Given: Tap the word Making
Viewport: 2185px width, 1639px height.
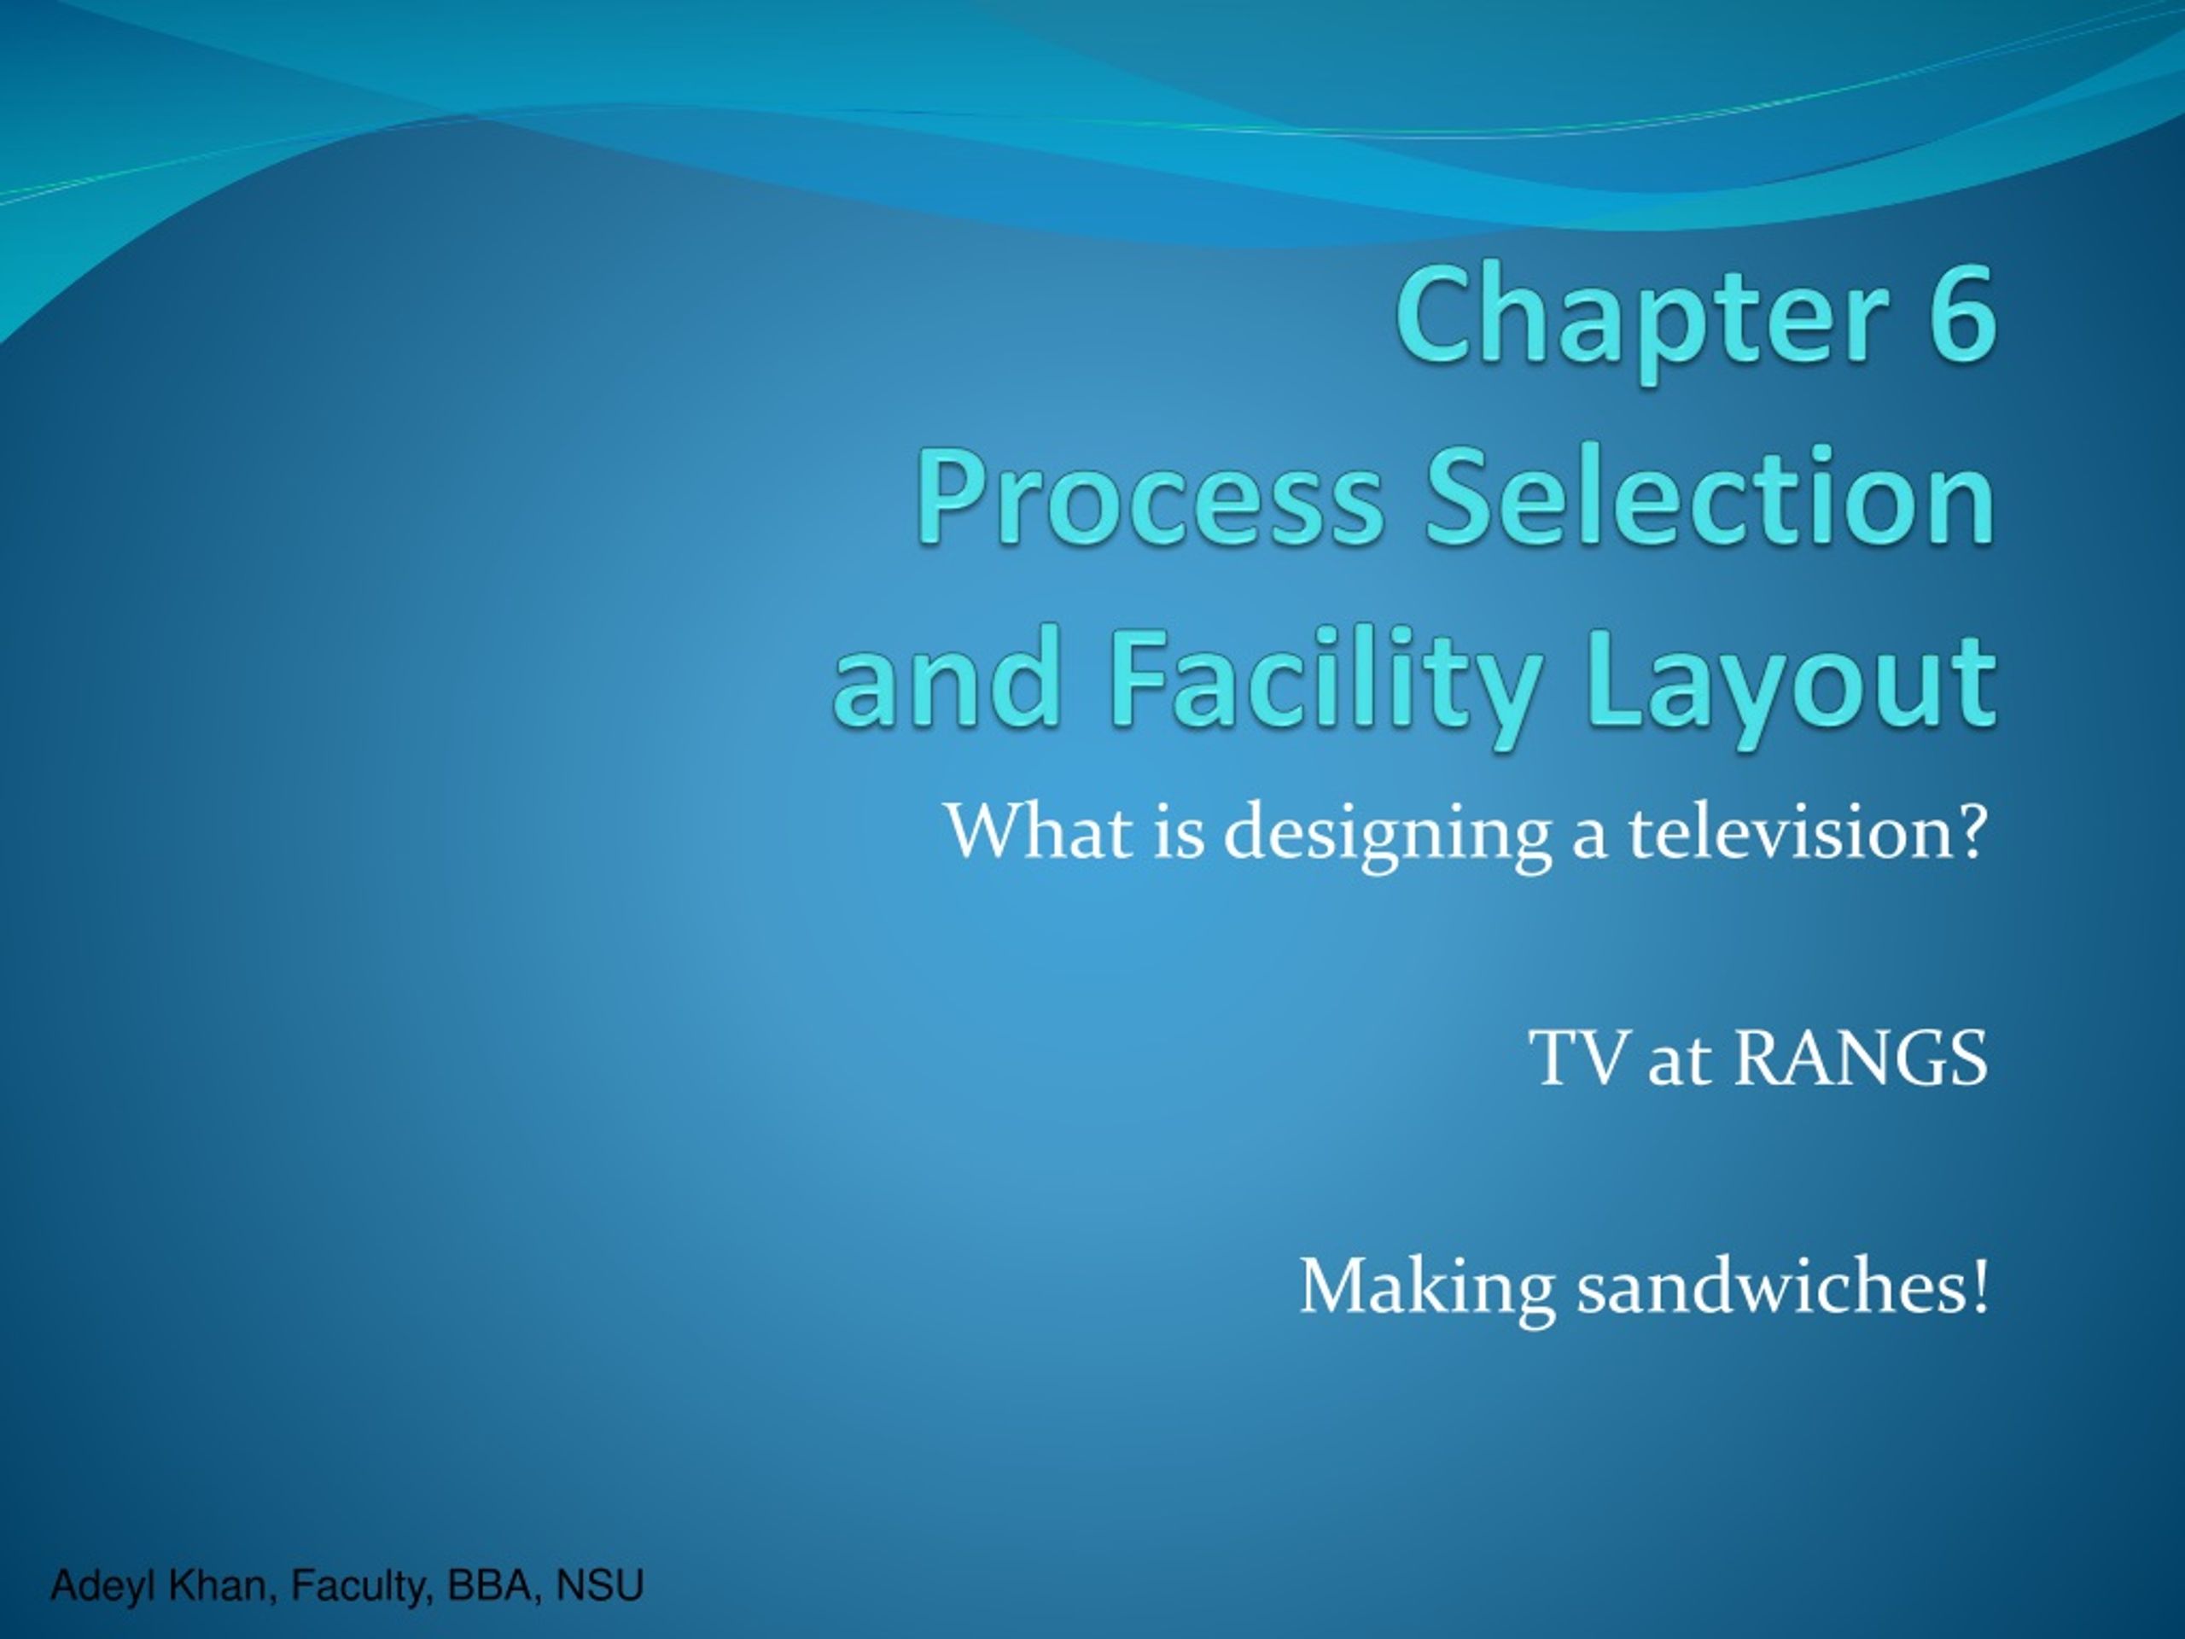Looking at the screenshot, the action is click(1427, 1290).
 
